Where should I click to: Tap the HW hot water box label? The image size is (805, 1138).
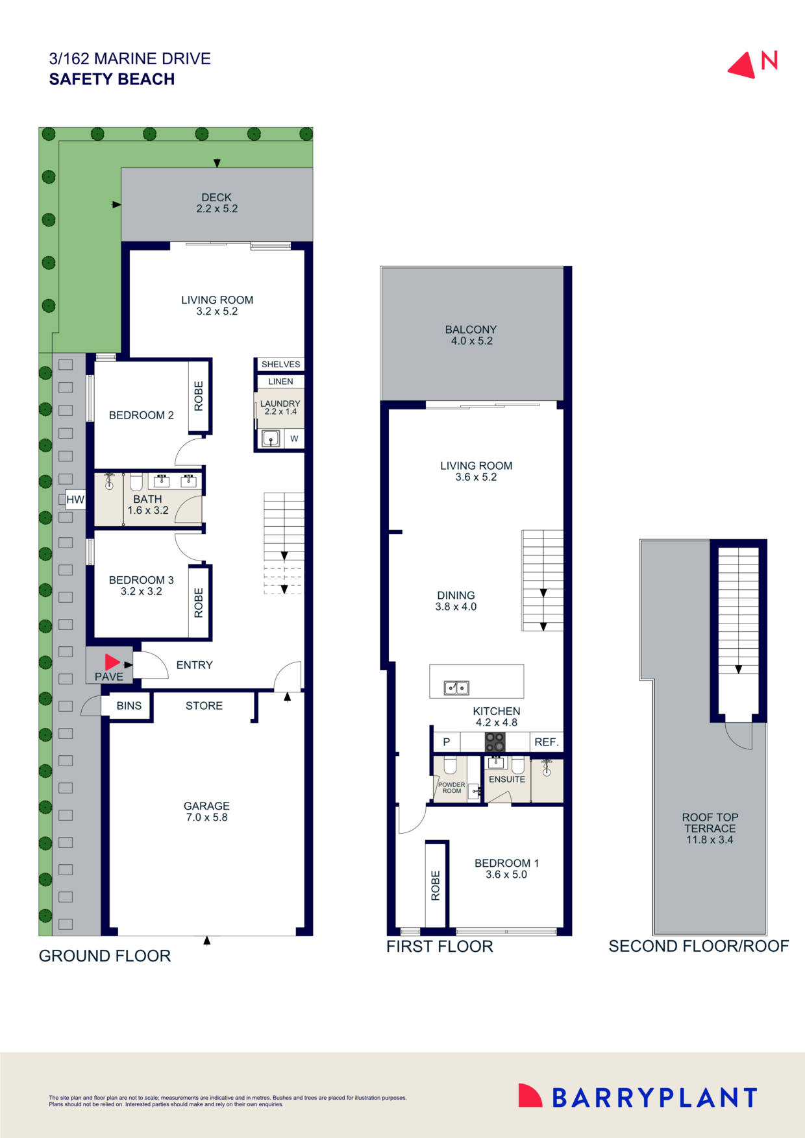coord(75,500)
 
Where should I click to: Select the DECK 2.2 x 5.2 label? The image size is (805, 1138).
coord(217,203)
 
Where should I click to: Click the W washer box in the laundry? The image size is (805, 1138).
coord(294,439)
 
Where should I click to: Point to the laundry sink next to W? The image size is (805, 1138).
coord(271,439)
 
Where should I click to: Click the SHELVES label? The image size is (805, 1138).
coord(280,365)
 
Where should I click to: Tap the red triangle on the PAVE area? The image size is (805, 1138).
coord(112,662)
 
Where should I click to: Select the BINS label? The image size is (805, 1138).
coord(129,706)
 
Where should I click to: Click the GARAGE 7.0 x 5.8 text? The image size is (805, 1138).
coord(206,812)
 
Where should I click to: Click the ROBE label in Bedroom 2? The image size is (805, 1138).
coord(199,396)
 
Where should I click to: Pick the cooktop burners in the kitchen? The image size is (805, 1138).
coord(495,742)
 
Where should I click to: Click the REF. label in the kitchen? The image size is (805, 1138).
coord(547,742)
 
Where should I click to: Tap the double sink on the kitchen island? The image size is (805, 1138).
coord(456,688)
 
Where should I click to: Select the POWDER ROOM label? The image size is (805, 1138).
coord(451,788)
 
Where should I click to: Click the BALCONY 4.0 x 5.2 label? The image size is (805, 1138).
coord(471,335)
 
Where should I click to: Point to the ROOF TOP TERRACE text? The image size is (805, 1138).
coord(710,829)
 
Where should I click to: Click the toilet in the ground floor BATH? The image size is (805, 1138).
coord(136,481)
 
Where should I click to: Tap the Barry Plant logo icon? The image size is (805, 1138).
coord(530,1095)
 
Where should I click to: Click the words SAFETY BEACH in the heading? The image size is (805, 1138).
coord(112,79)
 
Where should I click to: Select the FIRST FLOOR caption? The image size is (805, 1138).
coord(440,947)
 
